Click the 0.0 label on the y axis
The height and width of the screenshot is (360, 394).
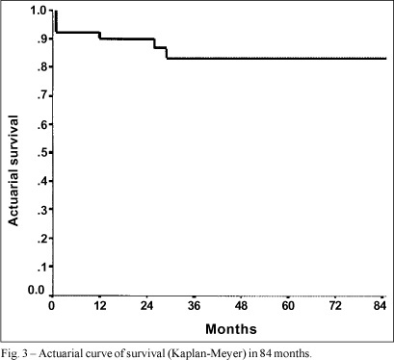coord(37,290)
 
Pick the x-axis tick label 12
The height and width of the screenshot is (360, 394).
coord(100,306)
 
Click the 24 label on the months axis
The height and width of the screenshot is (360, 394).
coord(146,306)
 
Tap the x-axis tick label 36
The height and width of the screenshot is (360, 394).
coord(194,306)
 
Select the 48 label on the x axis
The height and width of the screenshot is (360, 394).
coord(241,306)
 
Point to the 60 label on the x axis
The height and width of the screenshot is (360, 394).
coord(288,306)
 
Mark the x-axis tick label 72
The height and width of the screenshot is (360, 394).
coord(335,306)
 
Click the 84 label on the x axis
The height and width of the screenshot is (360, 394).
coord(380,306)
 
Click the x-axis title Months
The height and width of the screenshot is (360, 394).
coord(231,329)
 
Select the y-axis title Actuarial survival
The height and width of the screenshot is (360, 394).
coord(13,170)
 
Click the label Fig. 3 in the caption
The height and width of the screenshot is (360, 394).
coord(13,353)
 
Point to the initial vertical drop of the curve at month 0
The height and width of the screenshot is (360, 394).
coord(56,21)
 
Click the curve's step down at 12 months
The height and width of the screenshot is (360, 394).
coord(100,36)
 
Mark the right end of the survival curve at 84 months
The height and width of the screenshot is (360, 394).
coord(385,59)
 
